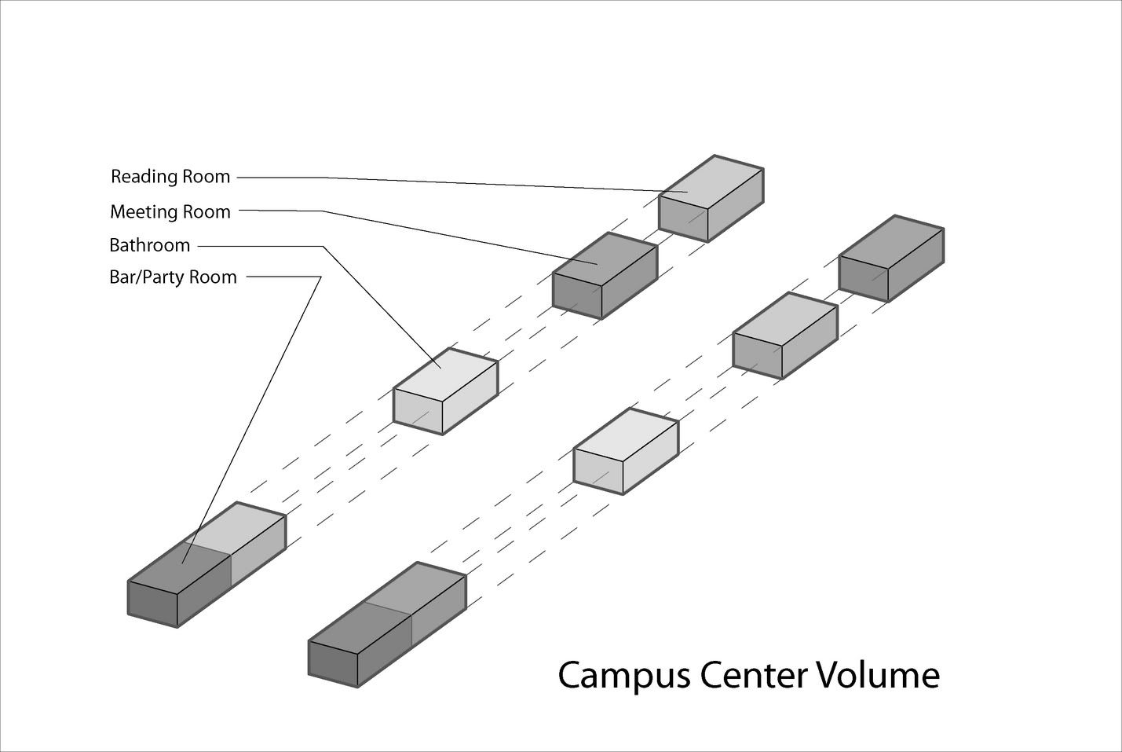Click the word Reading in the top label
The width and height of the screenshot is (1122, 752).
[x=144, y=177]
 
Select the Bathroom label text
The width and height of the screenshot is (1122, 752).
[x=149, y=245]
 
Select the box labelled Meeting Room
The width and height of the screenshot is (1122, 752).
[x=605, y=275]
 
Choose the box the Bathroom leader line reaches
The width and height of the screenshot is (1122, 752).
[x=445, y=391]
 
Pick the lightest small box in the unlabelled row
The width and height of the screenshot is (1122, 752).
[x=626, y=450]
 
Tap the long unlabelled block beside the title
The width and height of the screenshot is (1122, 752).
[x=386, y=625]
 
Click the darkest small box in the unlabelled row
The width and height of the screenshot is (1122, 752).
[x=891, y=257]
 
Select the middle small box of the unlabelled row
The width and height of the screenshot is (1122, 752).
[x=785, y=335]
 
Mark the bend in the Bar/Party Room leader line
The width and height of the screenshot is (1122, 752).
[x=321, y=277]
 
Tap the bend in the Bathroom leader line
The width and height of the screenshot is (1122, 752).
[x=323, y=246]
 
